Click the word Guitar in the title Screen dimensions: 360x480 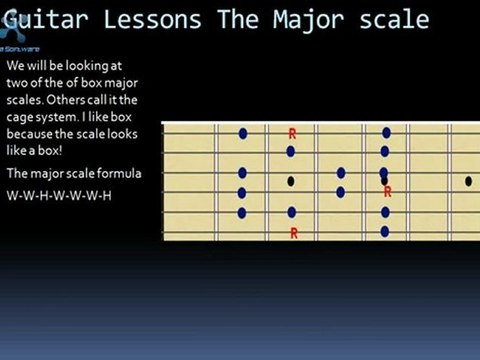[x=37, y=19]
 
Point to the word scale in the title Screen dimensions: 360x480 [x=394, y=19]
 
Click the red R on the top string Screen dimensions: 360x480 [x=292, y=132]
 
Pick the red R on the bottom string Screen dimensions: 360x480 [x=294, y=232]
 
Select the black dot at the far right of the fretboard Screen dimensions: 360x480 [x=468, y=181]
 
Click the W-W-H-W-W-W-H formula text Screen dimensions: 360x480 [x=58, y=194]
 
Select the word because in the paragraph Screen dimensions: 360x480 [x=30, y=132]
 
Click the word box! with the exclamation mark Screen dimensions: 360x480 [x=53, y=149]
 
